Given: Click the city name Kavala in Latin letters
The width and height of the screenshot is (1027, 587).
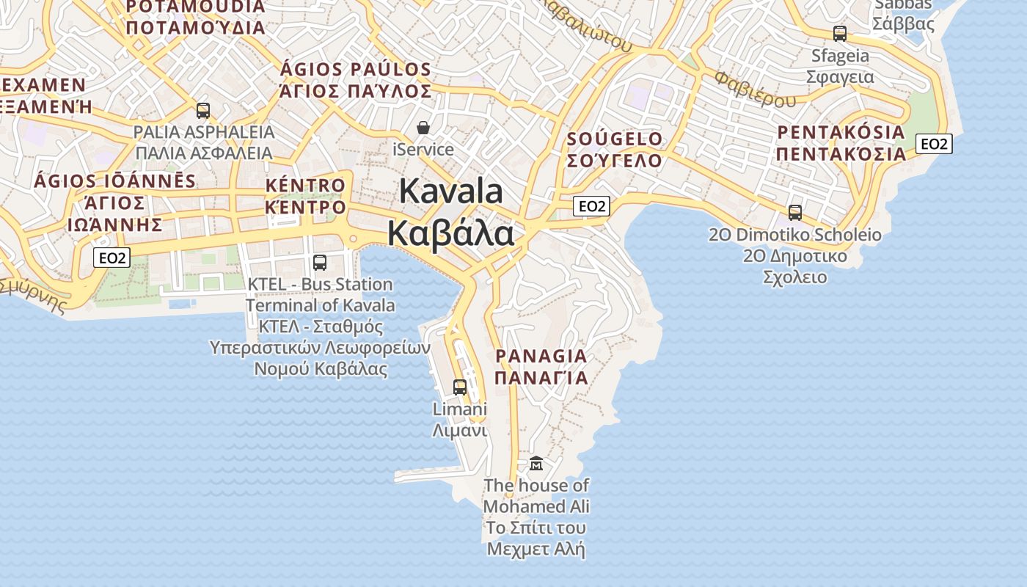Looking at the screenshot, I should [451, 192].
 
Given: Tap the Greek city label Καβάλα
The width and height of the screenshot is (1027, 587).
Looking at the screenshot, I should [450, 233].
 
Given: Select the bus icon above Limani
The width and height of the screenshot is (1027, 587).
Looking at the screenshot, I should [460, 387].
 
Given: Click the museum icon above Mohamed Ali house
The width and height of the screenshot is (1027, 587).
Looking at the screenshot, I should [536, 463].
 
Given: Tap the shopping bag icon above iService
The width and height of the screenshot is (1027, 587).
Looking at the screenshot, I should [423, 128].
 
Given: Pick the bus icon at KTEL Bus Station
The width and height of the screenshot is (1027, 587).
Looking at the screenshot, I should [320, 262].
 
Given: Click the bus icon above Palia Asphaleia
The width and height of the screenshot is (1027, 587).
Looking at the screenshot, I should [203, 111].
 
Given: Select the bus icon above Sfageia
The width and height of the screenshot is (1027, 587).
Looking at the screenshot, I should [840, 34].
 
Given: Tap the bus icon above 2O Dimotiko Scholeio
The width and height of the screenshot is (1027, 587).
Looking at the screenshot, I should [795, 213].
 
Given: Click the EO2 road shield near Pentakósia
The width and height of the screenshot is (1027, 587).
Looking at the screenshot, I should [934, 144].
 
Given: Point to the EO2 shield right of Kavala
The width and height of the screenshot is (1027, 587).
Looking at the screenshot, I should [591, 206].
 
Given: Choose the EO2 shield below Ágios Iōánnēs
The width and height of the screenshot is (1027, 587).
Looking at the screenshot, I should [112, 258].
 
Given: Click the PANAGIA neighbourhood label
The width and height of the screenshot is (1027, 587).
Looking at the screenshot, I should [541, 357].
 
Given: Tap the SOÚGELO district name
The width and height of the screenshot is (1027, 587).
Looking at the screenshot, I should [615, 139].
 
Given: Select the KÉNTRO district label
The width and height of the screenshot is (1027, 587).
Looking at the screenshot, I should [305, 186].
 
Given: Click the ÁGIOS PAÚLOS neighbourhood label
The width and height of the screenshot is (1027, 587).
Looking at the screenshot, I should [356, 70].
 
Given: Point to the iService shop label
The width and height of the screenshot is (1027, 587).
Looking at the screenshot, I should [423, 150].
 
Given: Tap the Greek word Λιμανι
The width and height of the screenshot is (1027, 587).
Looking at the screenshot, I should [460, 431].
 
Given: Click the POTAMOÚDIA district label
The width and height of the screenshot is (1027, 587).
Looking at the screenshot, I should [195, 7].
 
